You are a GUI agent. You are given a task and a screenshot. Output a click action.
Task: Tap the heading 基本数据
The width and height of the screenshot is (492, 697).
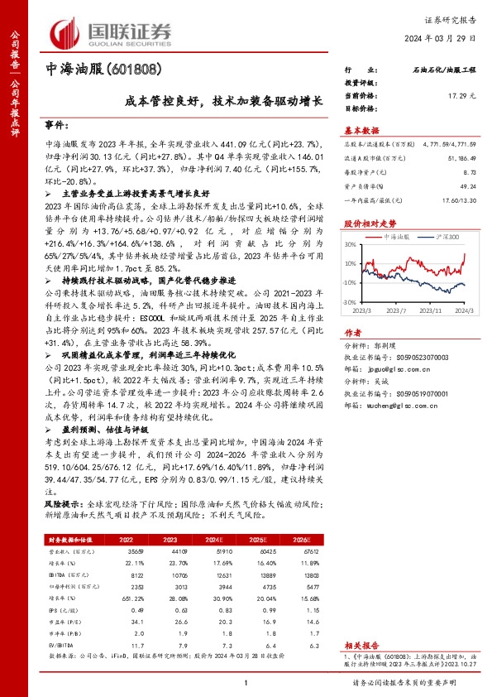click(x=361, y=130)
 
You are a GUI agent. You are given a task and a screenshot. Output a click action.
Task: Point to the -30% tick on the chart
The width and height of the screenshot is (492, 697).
click(x=351, y=303)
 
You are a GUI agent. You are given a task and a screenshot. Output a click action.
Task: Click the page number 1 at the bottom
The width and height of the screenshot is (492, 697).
click(x=246, y=682)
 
